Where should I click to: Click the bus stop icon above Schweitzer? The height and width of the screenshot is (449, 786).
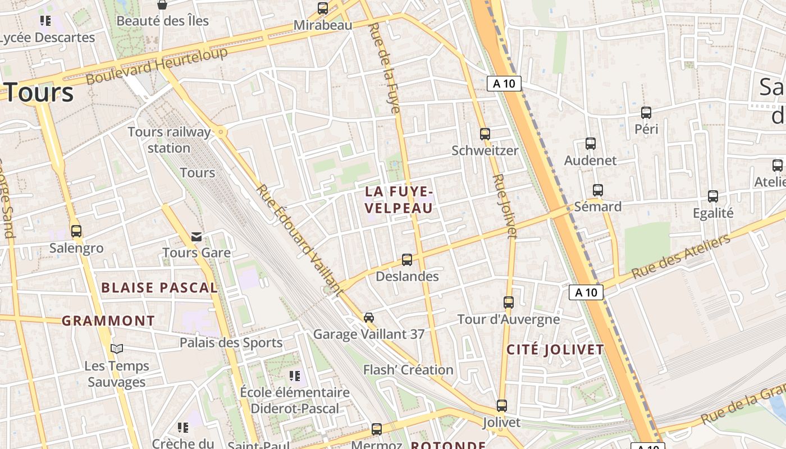click(x=485, y=134)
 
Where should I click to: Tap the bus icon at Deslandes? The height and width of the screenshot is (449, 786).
click(x=407, y=260)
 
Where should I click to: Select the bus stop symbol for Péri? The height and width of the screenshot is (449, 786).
click(x=646, y=113)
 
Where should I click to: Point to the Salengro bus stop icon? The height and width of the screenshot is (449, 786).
click(x=76, y=231)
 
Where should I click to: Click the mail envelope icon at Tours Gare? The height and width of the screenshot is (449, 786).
click(x=196, y=237)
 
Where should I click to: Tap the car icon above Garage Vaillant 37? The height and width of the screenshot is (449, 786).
click(x=369, y=317)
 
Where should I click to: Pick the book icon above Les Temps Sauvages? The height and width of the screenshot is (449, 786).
click(x=117, y=349)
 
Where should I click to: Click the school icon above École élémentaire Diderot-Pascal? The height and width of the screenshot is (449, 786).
click(x=295, y=375)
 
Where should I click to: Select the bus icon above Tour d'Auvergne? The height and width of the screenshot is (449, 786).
click(x=509, y=303)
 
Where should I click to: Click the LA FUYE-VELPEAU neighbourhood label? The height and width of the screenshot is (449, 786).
click(x=399, y=200)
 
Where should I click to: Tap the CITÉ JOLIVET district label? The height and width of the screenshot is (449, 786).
click(x=555, y=350)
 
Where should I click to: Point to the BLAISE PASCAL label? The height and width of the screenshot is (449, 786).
click(x=159, y=288)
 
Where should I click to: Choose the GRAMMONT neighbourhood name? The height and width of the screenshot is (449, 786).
click(x=108, y=321)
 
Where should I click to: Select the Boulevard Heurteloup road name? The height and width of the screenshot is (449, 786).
click(x=157, y=66)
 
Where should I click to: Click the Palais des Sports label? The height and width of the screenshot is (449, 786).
click(x=231, y=342)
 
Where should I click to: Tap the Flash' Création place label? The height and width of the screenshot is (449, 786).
click(x=408, y=370)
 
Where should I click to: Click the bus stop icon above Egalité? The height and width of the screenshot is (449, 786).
click(x=713, y=196)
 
